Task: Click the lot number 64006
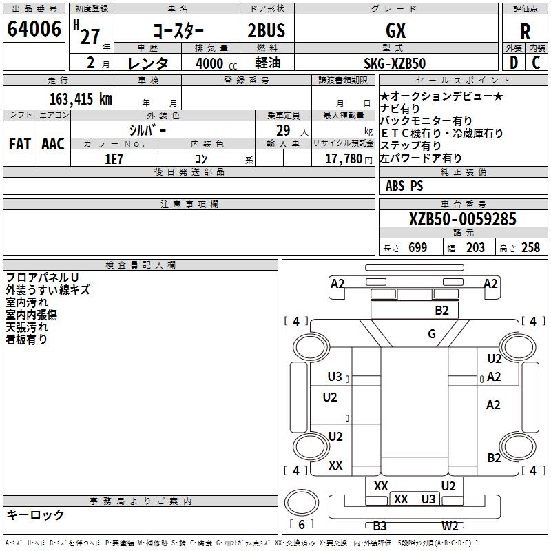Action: tap(34, 30)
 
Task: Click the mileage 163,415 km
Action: tap(81, 98)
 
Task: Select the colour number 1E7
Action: tap(114, 158)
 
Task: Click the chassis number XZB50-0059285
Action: tap(463, 220)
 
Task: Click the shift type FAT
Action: tap(20, 144)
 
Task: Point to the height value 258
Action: tap(530, 248)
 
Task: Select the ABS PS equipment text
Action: tap(405, 186)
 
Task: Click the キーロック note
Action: tap(35, 514)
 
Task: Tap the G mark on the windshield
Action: tap(432, 334)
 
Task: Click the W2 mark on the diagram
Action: tap(450, 526)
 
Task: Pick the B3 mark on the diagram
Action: tap(380, 526)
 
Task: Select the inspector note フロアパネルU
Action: tap(42, 277)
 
